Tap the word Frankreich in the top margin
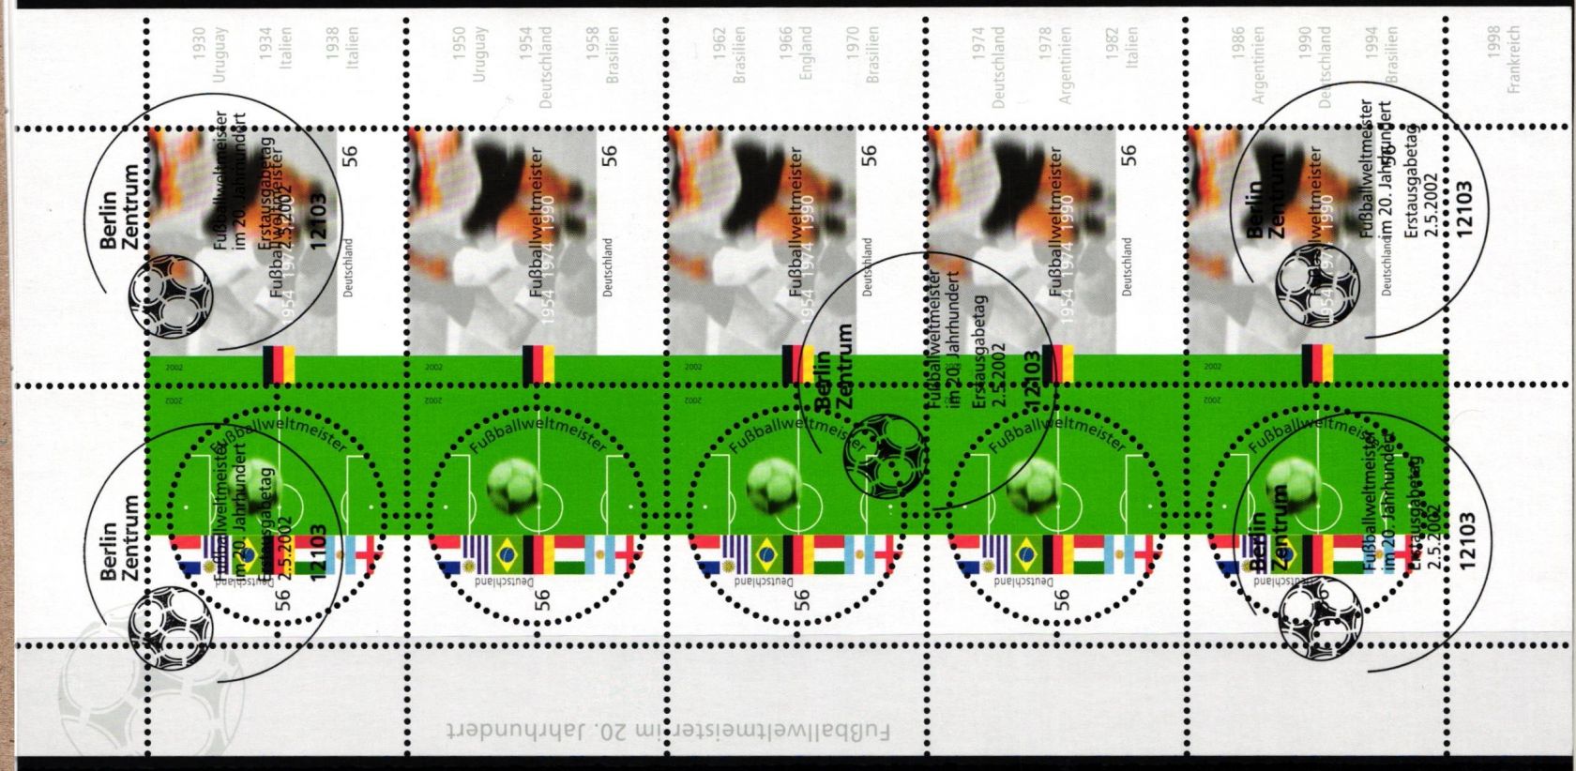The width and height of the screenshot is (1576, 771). coord(1512,58)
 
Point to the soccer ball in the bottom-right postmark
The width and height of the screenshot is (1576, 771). coord(1319,621)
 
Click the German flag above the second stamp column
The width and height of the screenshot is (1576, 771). coord(538,364)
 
